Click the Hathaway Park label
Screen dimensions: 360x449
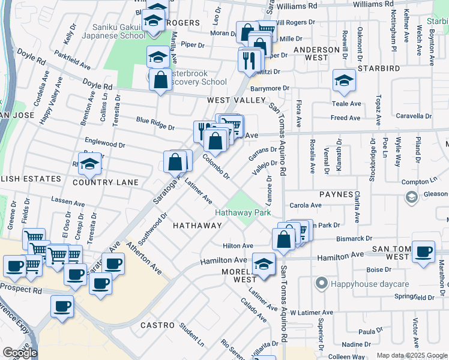(244, 212)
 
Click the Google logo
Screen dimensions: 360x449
(20, 353)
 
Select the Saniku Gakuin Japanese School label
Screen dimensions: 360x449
(119, 31)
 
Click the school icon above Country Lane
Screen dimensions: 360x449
(89, 163)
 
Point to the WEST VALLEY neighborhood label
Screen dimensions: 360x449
(236, 100)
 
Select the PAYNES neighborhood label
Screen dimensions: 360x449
(336, 194)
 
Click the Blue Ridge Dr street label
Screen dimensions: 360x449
(155, 127)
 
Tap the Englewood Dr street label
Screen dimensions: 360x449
(104, 145)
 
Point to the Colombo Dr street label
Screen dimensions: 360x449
(216, 167)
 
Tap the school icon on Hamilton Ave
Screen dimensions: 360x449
(263, 263)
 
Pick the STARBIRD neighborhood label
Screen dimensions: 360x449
(379, 68)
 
